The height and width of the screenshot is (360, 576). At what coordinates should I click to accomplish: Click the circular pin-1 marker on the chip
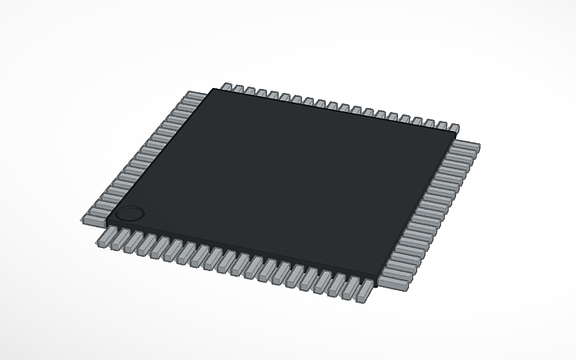(130, 214)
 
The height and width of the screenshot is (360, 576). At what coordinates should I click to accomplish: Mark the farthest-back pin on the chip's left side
(191, 97)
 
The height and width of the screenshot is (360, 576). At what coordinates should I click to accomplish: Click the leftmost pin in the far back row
(226, 87)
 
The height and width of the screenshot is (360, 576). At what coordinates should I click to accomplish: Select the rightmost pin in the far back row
(454, 126)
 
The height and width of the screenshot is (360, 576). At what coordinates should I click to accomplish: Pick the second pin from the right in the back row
(442, 124)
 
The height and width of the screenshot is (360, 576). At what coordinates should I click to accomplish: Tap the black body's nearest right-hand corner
(377, 275)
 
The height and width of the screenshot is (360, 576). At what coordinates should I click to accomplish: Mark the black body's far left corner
(211, 89)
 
